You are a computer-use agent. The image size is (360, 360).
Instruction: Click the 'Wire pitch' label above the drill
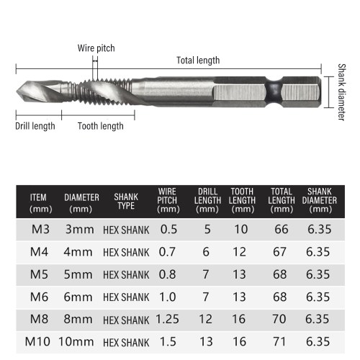coord(96,48)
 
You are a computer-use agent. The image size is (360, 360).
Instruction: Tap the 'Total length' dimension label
coord(198,60)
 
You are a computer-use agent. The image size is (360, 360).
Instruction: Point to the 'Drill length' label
coord(35,126)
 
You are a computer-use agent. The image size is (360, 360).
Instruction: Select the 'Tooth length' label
coord(100,126)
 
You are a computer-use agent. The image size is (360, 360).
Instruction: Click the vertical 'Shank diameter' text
coord(341,92)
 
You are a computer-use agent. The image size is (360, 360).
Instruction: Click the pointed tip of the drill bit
coord(17,91)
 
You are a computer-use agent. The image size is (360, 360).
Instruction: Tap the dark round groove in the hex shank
coord(274,92)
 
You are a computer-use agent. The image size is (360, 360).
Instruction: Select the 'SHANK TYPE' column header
coord(126,202)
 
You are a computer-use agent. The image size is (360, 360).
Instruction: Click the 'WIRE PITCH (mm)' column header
coord(168,200)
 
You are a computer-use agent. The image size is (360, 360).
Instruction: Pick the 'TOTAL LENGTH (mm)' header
coord(282,200)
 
